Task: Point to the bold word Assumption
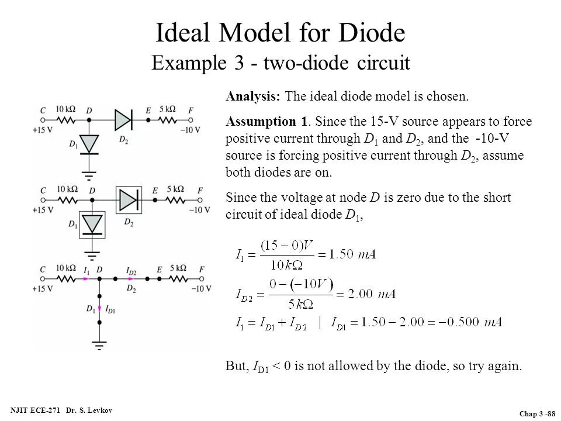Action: coord(261,122)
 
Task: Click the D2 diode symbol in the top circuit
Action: coord(123,120)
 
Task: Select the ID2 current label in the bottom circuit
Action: coord(131,271)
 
